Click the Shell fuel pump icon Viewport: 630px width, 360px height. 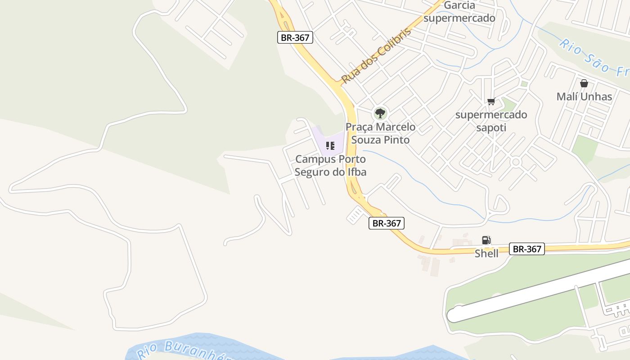click(x=486, y=240)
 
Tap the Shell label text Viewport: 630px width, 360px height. click(x=486, y=253)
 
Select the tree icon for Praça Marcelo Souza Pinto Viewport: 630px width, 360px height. click(x=380, y=112)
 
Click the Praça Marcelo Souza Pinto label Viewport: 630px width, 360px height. click(x=380, y=134)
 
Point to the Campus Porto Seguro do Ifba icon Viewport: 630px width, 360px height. click(x=330, y=145)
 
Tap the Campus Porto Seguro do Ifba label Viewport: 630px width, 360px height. click(x=330, y=166)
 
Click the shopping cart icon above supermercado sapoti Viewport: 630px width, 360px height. click(x=491, y=101)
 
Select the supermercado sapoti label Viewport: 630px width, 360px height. click(x=491, y=121)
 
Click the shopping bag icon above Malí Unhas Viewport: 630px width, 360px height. click(x=584, y=83)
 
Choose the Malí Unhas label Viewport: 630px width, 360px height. click(x=584, y=97)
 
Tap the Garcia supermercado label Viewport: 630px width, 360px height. click(x=459, y=12)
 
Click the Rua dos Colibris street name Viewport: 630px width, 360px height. click(x=376, y=56)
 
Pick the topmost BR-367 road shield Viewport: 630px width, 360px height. click(x=295, y=37)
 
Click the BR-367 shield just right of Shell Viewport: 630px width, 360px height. click(x=527, y=249)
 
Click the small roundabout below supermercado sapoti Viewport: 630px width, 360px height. click(x=516, y=162)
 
